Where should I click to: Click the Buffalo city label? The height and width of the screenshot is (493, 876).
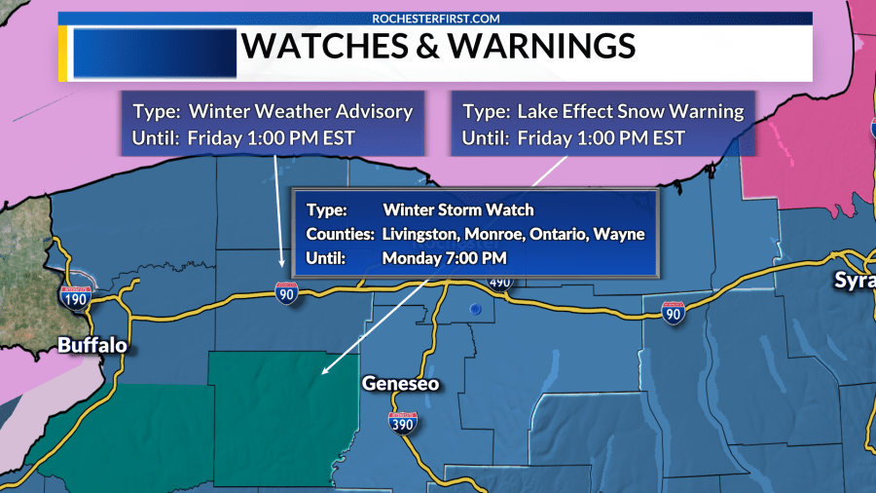pos(92,345)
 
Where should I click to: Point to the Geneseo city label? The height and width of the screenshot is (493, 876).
pos(400,384)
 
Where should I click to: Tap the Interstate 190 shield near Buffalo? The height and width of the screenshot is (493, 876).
pos(75,296)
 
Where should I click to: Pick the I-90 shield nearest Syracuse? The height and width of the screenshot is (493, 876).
pos(673,311)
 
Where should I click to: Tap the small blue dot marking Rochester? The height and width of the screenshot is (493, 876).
pos(475,309)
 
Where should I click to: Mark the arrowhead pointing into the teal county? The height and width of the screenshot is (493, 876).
pos(324,371)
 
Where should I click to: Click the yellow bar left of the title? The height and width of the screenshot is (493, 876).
pos(64,52)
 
